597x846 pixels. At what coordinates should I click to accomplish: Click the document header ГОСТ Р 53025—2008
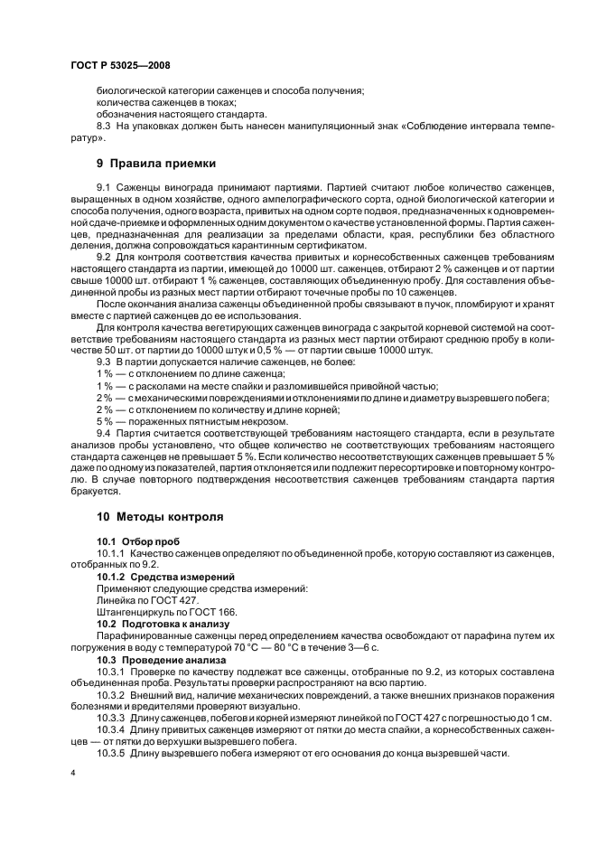(119, 66)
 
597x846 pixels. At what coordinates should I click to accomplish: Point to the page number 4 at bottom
(72, 773)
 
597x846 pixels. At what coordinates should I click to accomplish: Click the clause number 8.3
(107, 126)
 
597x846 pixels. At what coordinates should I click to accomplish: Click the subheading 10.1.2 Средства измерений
(165, 576)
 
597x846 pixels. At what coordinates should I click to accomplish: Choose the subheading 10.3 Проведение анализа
(162, 660)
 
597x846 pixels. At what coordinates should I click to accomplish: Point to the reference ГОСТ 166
(210, 612)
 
